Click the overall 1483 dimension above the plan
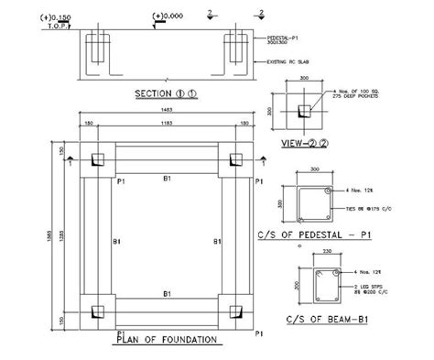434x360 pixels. (x=164, y=110)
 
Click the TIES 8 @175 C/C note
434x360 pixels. (x=359, y=209)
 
